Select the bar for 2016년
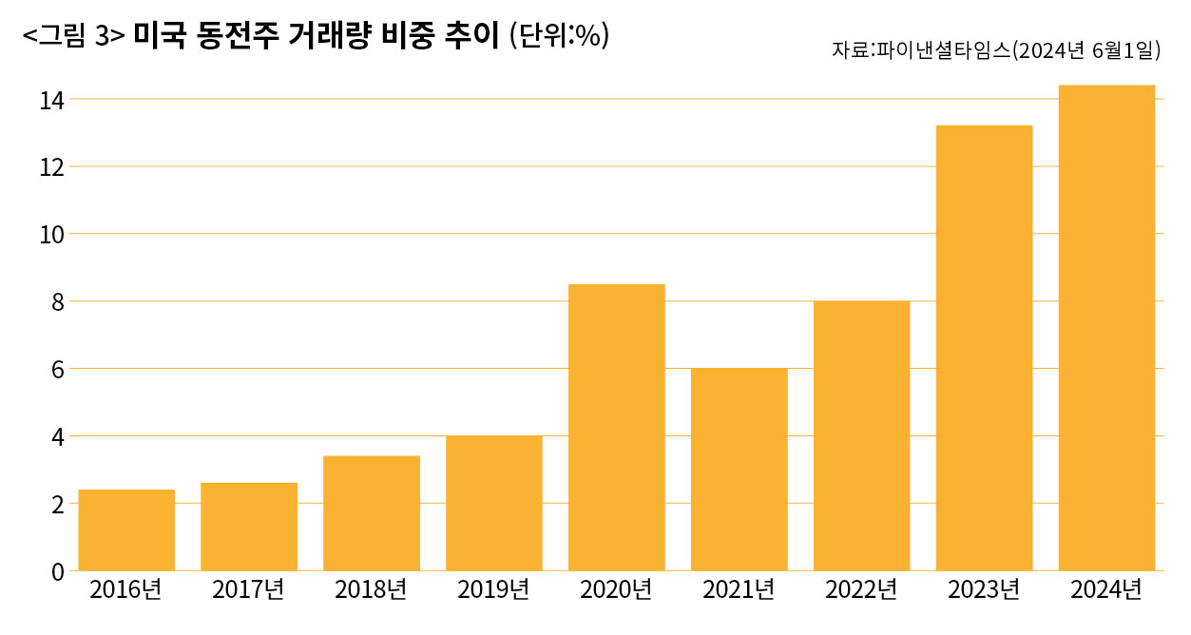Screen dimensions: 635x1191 tap(126, 529)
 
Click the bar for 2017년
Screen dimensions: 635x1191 tap(249, 527)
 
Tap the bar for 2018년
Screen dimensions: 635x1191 tap(372, 513)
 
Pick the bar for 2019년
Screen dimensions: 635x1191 tap(494, 503)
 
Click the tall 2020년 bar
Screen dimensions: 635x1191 tap(617, 428)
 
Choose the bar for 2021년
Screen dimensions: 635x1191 tap(740, 470)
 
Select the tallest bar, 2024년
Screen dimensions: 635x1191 tap(1106, 328)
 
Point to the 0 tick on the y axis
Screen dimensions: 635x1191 tap(57, 571)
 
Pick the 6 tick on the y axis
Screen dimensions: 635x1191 tap(57, 370)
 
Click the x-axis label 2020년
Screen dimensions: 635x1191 tap(616, 590)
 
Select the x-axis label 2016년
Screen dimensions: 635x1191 tap(125, 590)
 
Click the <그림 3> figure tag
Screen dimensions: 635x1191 tap(73, 36)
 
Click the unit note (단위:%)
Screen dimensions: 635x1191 tap(559, 35)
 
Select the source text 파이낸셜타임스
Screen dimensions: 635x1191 tap(941, 51)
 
